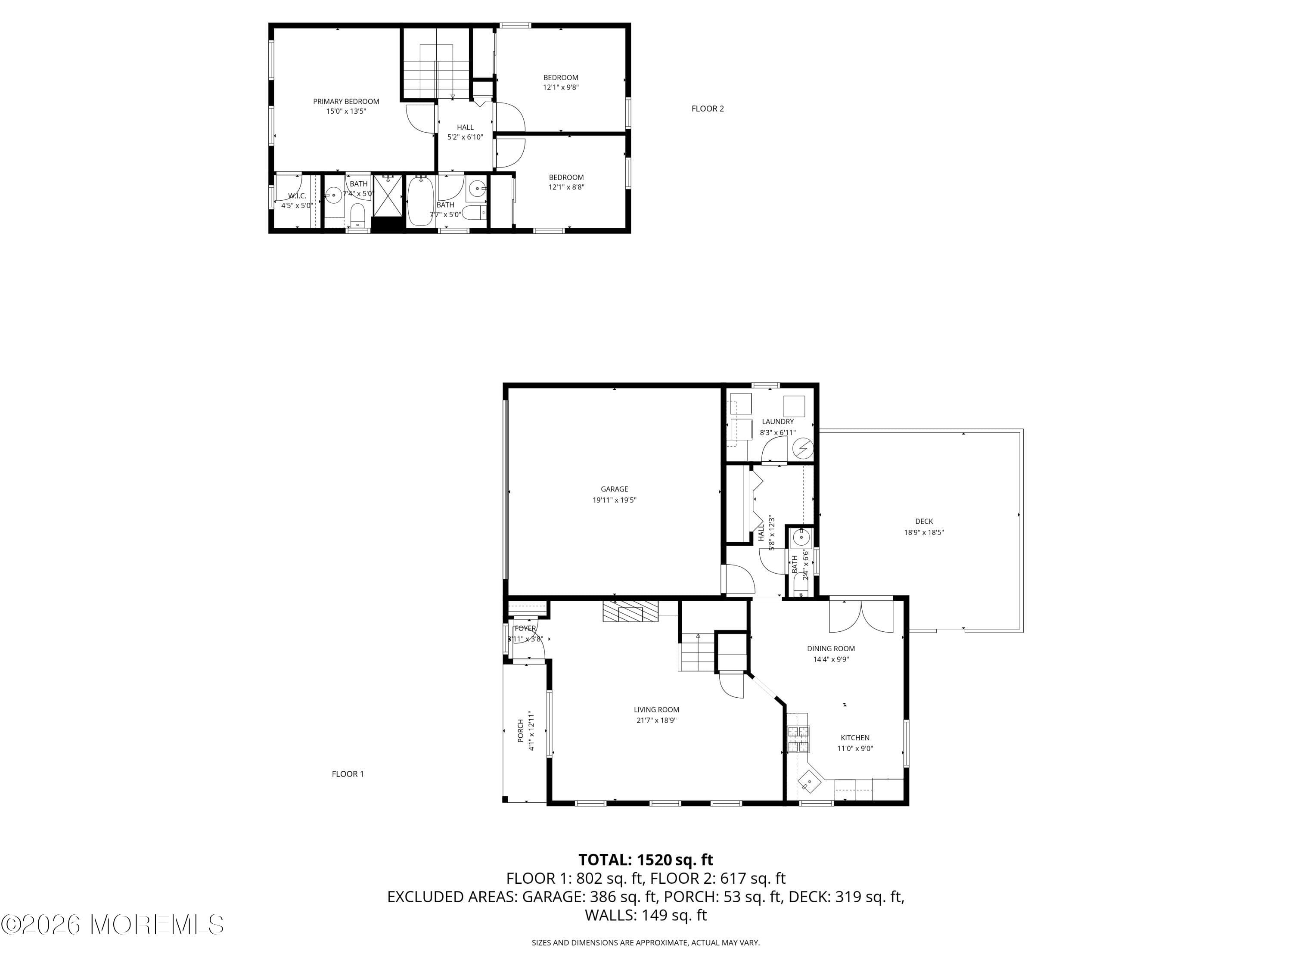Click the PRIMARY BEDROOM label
(x=346, y=102)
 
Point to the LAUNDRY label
(x=777, y=421)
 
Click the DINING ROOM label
(x=831, y=648)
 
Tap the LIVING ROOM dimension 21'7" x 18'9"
(x=656, y=720)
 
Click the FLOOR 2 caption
(x=707, y=109)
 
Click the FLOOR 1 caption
(x=348, y=774)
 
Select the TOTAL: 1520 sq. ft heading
(x=646, y=860)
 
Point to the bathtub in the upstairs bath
(x=419, y=201)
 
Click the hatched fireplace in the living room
(x=631, y=612)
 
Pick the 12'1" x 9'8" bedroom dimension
(x=561, y=87)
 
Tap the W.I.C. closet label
(x=297, y=196)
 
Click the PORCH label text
(x=520, y=731)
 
